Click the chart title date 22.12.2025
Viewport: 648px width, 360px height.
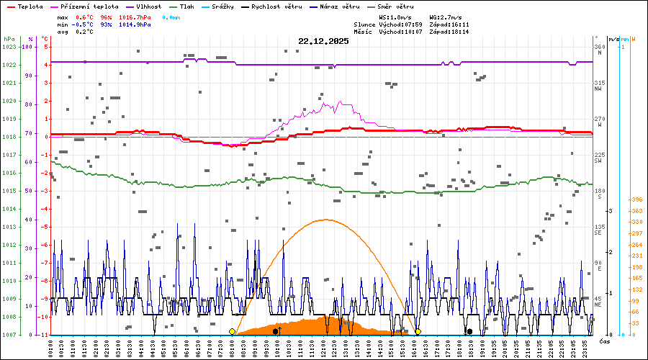click(x=323, y=41)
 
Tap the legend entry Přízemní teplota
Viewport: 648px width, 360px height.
click(x=86, y=6)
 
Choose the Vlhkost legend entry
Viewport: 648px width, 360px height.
click(x=148, y=6)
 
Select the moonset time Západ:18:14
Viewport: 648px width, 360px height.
click(x=448, y=32)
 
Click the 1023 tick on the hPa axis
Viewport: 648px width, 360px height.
click(x=9, y=47)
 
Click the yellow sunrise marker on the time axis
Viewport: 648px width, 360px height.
click(x=232, y=331)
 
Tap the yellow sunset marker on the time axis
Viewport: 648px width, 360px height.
click(x=418, y=331)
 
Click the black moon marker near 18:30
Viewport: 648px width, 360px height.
click(x=469, y=331)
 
